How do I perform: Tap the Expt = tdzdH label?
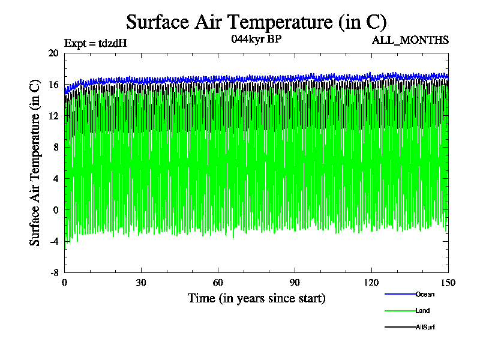coord(95,43)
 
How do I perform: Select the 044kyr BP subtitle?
coord(256,39)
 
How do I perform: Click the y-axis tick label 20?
coord(53,53)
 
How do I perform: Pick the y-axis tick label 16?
coord(53,85)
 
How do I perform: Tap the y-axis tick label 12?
coord(53,116)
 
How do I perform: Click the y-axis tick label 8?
coord(55,147)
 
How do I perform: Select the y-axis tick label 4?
coord(55,178)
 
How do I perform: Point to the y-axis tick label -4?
coord(53,241)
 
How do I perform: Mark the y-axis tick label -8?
coord(53,272)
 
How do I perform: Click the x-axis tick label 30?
coord(142,283)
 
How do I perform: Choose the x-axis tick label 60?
coord(218,283)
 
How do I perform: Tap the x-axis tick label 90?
coord(295,283)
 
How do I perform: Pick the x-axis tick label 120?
coord(372,283)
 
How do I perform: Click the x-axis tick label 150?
coord(448,283)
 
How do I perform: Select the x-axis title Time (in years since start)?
coord(256,298)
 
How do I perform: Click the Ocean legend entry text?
coord(424,294)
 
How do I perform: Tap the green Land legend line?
coord(400,311)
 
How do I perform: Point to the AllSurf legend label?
coord(425,327)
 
